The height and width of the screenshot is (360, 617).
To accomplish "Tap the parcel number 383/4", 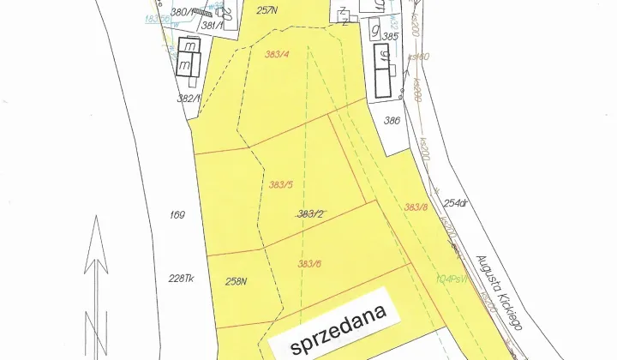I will coord(279,55).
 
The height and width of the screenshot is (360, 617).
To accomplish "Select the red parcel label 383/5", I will coord(281,183).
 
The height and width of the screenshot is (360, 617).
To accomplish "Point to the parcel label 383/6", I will coord(309,263).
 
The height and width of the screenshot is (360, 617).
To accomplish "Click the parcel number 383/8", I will coord(416,207).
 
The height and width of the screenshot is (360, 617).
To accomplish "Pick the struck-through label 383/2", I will coord(309,214).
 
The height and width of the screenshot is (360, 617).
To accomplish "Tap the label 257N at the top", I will coord(268,10).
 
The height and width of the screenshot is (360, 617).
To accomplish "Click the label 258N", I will coord(236,280).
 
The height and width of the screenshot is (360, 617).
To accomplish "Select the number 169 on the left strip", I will coord(177,215).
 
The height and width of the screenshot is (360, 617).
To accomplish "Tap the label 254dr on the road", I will coord(456,203).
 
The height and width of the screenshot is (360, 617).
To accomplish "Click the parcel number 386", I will coord(392,121).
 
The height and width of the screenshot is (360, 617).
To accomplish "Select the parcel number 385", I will coord(391,37).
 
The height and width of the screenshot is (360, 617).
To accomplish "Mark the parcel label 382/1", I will coord(188,98).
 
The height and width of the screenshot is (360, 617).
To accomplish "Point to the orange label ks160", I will coord(418,57).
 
